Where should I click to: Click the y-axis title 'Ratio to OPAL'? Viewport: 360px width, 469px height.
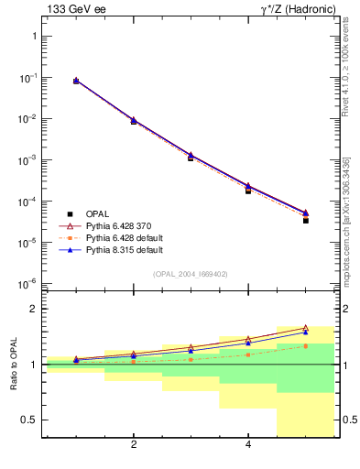point(14,365)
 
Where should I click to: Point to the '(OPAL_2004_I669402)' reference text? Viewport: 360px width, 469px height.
point(190,274)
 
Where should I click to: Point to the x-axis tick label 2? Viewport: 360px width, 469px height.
point(134,445)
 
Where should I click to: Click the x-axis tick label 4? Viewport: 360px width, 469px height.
point(248,445)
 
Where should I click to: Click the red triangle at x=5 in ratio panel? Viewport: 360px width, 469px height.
point(306,327)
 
